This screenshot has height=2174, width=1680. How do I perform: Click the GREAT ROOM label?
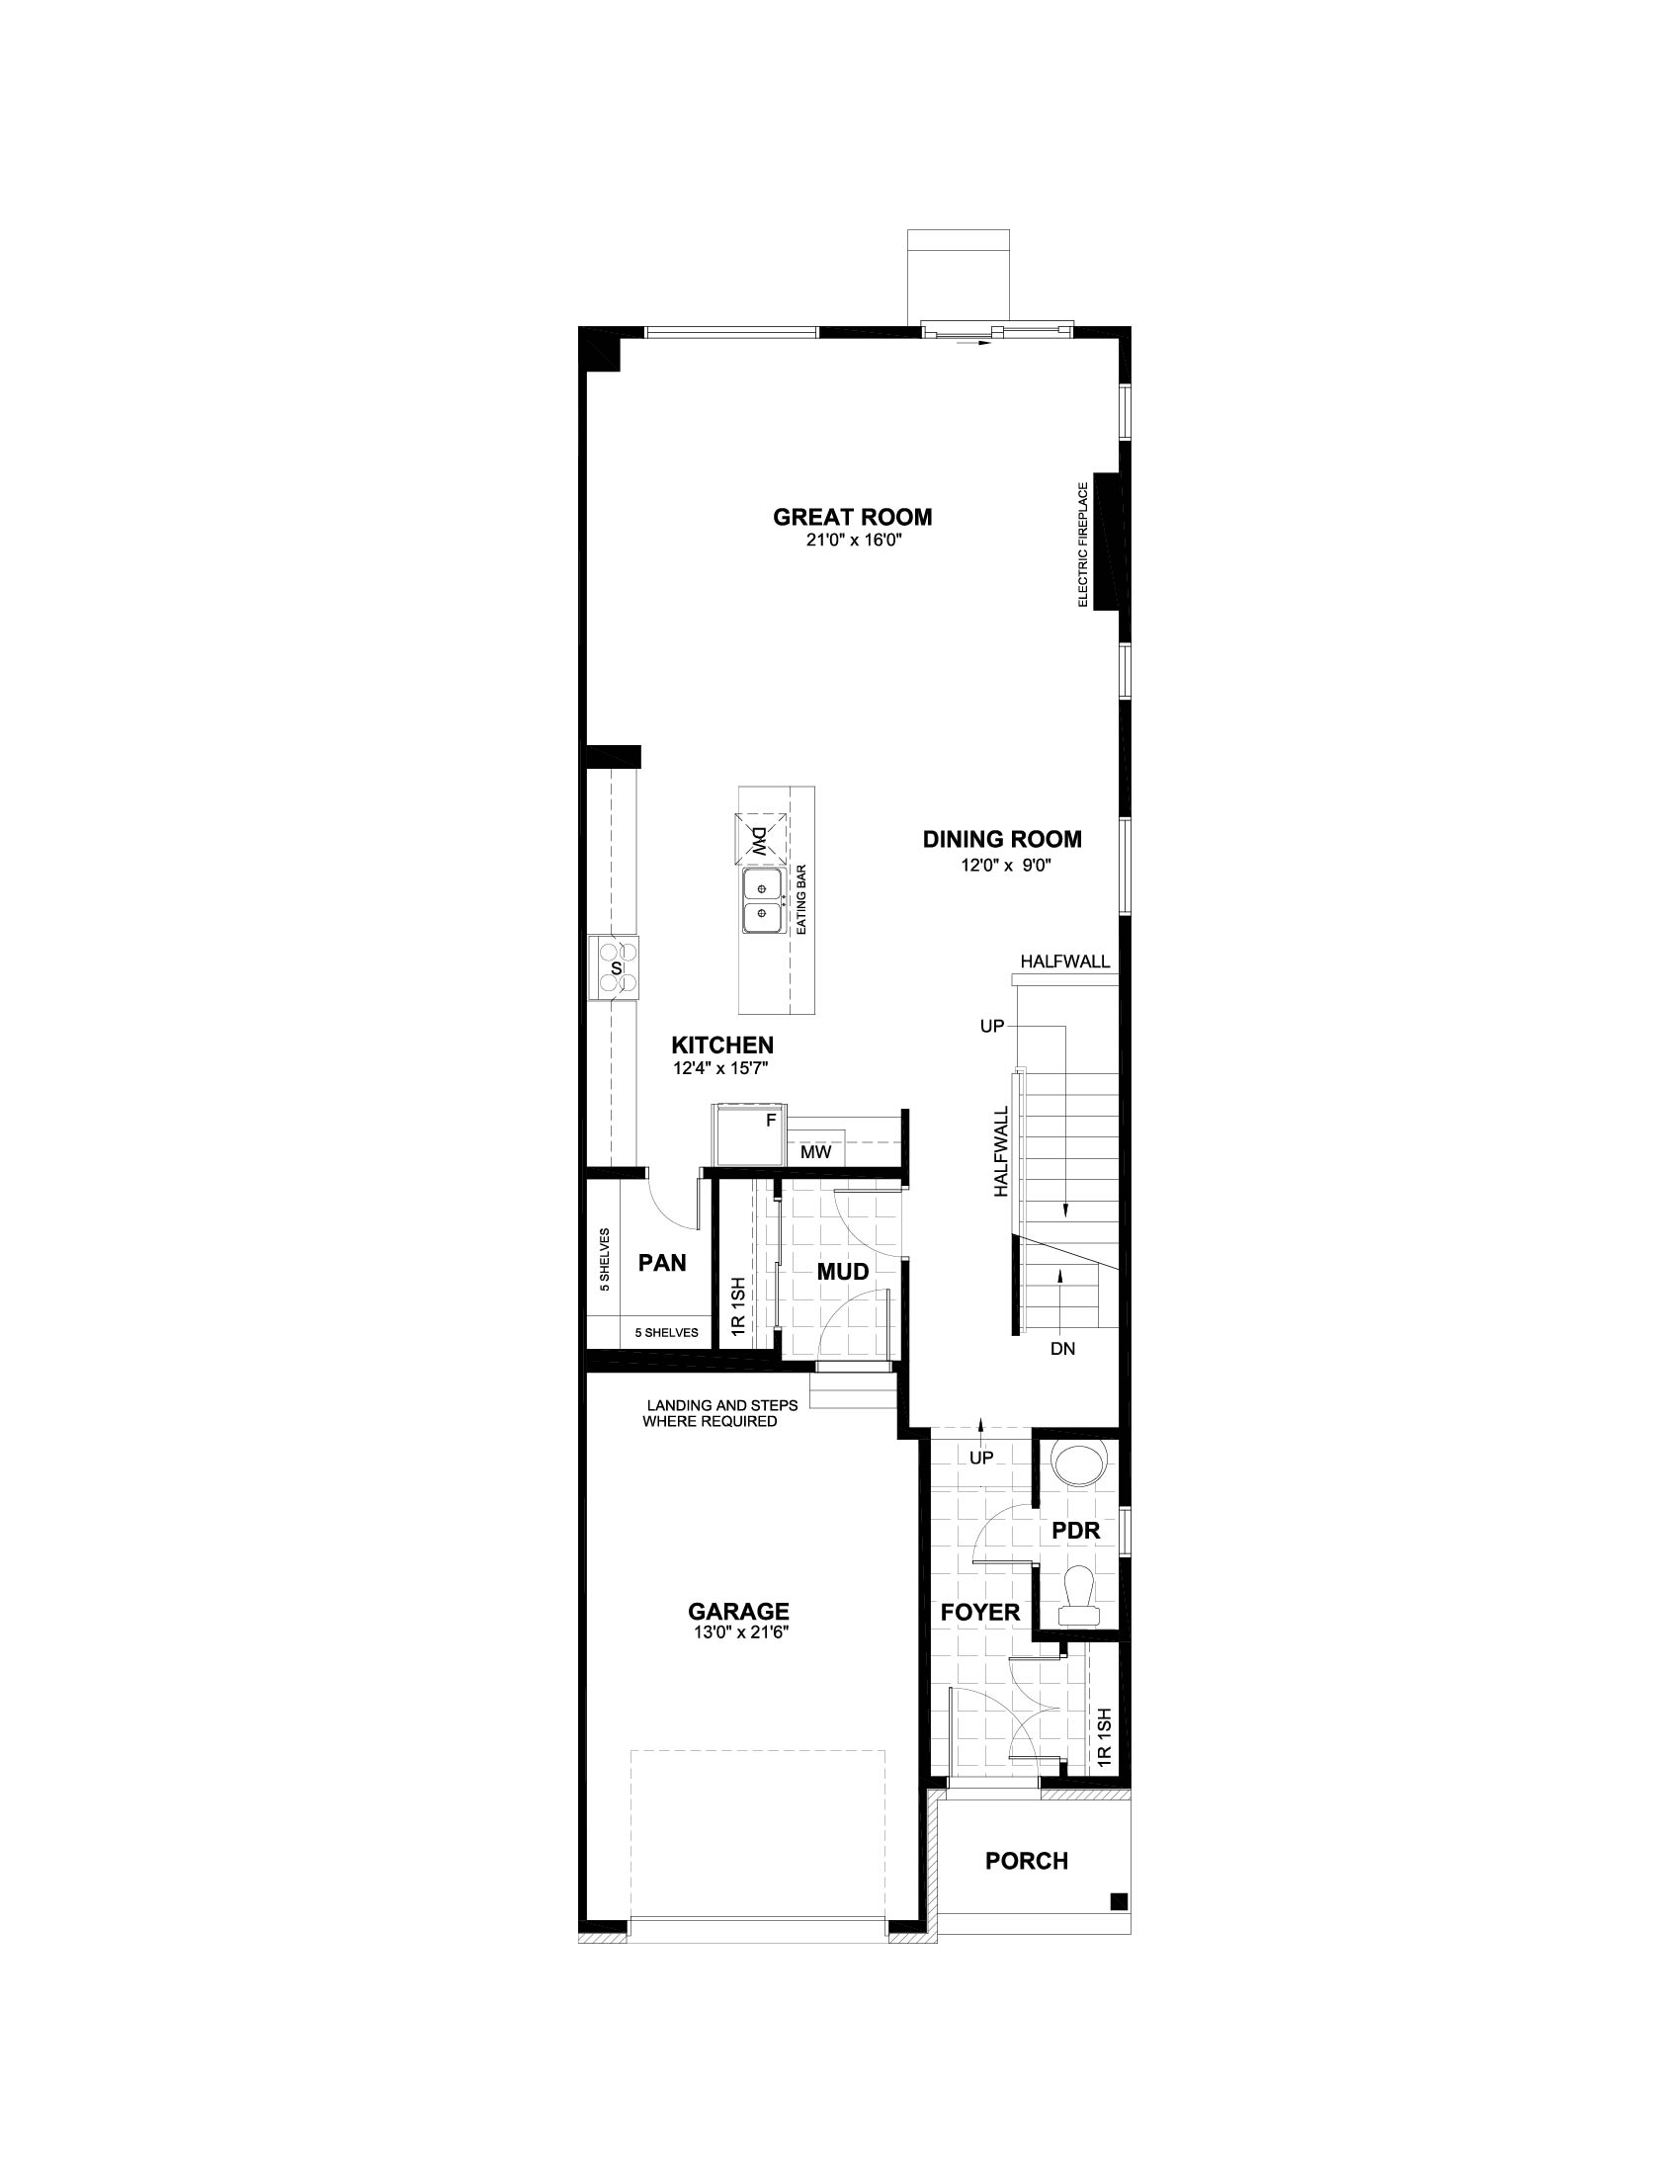click(x=852, y=517)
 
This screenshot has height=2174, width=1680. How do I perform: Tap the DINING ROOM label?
click(x=1001, y=839)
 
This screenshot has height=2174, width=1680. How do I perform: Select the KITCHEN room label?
click(x=722, y=1045)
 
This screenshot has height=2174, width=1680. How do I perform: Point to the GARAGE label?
click(x=738, y=1611)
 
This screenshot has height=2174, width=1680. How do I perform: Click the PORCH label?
click(x=1026, y=1861)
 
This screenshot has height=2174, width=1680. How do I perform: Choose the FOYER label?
click(x=980, y=1612)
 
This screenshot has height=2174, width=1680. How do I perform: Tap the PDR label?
click(x=1076, y=1530)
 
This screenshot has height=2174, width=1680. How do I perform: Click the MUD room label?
click(x=843, y=1271)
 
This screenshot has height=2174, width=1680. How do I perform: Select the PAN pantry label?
click(x=662, y=1262)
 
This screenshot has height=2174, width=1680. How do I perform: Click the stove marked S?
click(x=615, y=966)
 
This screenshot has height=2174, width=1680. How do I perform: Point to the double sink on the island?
click(x=761, y=901)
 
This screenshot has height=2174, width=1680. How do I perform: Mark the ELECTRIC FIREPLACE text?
click(x=1083, y=543)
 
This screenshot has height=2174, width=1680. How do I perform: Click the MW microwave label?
click(x=815, y=1152)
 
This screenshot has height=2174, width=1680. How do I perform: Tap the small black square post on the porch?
click(x=1119, y=1901)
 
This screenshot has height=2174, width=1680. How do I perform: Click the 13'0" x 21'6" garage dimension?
click(x=738, y=1632)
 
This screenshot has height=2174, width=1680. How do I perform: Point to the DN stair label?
click(x=1063, y=1349)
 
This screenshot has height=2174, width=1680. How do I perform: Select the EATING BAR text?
click(x=800, y=899)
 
